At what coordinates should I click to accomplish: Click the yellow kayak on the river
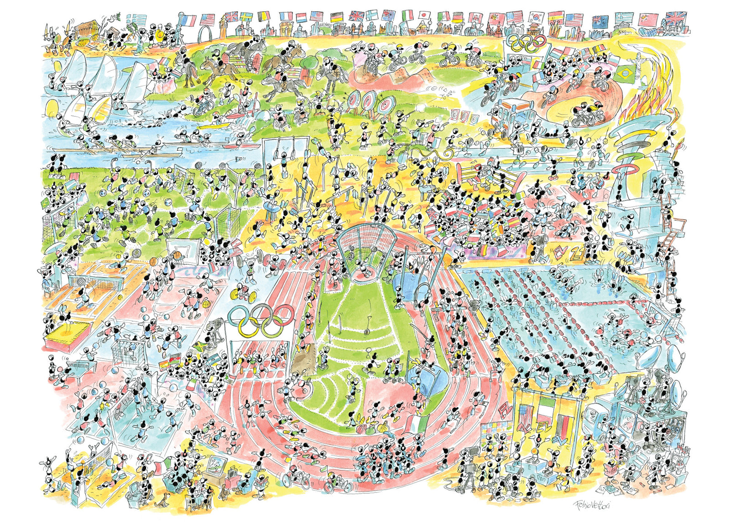(214, 124)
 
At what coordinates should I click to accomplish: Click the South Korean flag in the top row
(537, 18)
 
